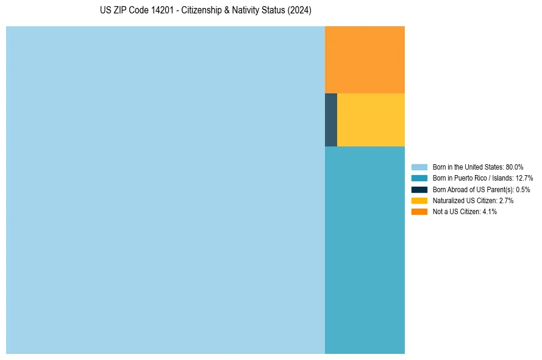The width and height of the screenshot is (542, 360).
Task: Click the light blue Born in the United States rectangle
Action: tap(165, 190)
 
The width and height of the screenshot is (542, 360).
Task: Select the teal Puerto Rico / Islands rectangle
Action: tap(365, 250)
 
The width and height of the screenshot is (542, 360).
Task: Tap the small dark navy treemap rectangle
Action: tap(331, 120)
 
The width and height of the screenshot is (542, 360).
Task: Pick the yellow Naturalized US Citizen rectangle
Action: tap(371, 120)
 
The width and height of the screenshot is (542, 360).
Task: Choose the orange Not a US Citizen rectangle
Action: tap(365, 59)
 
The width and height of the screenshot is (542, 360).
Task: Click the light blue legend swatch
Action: tap(419, 167)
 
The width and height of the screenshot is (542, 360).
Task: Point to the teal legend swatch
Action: tap(419, 178)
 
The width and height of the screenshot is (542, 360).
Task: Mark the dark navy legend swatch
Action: tap(419, 189)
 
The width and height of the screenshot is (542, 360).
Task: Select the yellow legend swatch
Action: tap(419, 200)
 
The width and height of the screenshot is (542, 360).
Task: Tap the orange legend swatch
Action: tap(419, 211)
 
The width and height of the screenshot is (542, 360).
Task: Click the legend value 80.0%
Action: tap(515, 167)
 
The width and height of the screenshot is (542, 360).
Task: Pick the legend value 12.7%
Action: tap(524, 178)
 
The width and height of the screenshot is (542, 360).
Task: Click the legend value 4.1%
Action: tap(490, 211)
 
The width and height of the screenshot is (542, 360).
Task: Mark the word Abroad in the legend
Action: tap(458, 189)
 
